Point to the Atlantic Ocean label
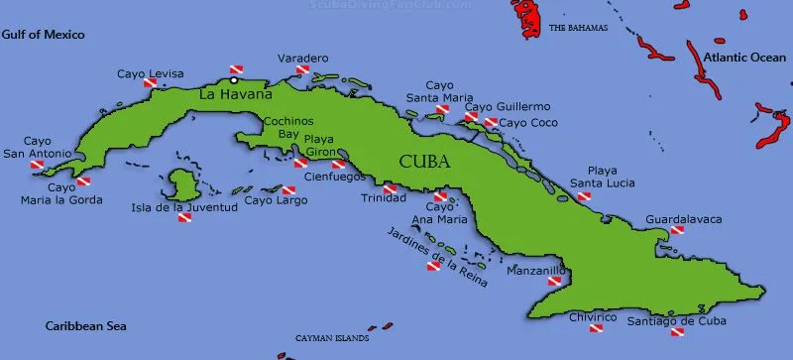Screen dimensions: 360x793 tap(743, 59)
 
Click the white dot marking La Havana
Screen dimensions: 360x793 tap(234, 81)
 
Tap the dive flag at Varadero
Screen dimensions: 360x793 tap(302, 71)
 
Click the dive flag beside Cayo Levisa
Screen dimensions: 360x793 tap(151, 84)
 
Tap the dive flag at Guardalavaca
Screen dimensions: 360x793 tap(677, 230)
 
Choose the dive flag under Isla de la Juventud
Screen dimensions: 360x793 tap(184, 218)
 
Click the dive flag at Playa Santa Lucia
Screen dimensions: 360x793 tap(584, 196)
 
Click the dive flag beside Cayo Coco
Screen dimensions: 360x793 tap(491, 123)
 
